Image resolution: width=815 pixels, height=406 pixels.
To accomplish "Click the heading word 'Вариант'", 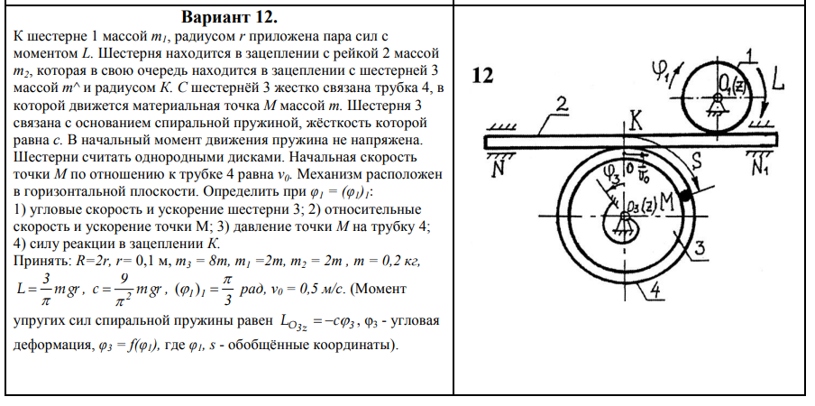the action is coord(212,18).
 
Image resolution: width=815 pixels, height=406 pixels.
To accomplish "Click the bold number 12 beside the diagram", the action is coord(483,76).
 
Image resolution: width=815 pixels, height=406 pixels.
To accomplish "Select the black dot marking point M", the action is coord(688,193).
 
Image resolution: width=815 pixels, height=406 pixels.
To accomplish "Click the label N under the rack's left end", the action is coord(496,166).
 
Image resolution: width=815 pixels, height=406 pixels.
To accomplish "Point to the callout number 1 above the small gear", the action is coord(746,55).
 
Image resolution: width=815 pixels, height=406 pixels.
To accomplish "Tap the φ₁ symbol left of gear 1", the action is coord(666,69).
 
